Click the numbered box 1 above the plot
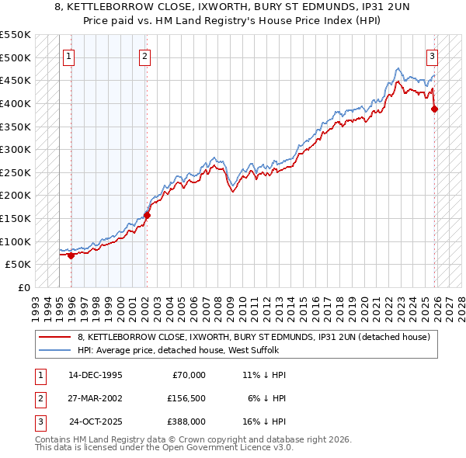69,55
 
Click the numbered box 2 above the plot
145,55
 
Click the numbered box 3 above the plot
432,55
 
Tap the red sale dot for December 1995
71,255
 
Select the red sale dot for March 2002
147,215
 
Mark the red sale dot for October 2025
434,109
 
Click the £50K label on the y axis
19,264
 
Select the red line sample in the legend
56,337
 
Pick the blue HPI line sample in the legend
56,350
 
